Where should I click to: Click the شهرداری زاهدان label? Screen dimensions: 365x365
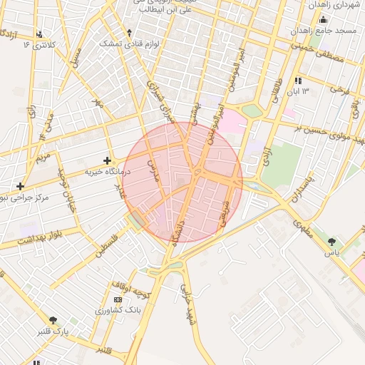[331, 4]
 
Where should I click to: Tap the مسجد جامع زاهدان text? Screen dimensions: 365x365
[327, 32]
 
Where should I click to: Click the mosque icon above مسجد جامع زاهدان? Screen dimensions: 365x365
[323, 20]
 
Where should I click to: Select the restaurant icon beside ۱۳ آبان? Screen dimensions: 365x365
[297, 81]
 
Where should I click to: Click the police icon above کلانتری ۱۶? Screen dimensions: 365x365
[38, 34]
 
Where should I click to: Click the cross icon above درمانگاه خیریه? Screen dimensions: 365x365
[107, 160]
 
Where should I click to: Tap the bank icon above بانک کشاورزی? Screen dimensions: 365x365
[118, 299]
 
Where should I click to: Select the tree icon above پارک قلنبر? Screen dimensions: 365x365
[52, 320]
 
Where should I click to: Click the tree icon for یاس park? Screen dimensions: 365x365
[331, 242]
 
